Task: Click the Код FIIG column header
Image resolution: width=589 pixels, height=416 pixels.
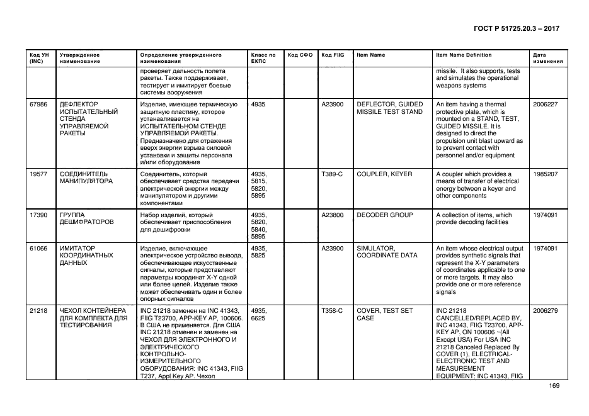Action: pyautogui.click(x=333, y=55)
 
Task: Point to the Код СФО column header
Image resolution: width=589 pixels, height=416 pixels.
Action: pyautogui.click(x=300, y=55)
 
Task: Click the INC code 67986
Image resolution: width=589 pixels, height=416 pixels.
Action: pyautogui.click(x=38, y=104)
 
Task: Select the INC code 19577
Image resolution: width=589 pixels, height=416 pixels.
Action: pyautogui.click(x=38, y=174)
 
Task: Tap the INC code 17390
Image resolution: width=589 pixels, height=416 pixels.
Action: pyautogui.click(x=38, y=215)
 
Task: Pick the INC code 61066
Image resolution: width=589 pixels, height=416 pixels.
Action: pyautogui.click(x=38, y=249)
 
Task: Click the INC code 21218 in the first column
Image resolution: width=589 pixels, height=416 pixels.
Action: pyautogui.click(x=38, y=311)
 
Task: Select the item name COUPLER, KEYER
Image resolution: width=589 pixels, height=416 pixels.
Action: pyautogui.click(x=385, y=174)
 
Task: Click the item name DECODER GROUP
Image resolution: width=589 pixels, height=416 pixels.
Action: pyautogui.click(x=385, y=215)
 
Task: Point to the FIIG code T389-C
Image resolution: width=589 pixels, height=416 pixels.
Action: pyautogui.click(x=332, y=174)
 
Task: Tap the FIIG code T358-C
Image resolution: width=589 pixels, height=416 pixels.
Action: pyautogui.click(x=332, y=311)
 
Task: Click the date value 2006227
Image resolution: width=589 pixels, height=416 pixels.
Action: pyautogui.click(x=545, y=104)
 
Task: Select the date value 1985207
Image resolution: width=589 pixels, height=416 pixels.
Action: pyautogui.click(x=545, y=174)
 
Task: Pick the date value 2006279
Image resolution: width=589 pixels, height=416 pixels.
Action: pyautogui.click(x=545, y=311)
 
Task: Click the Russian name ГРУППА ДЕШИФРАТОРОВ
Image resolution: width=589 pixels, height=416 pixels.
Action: pyautogui.click(x=86, y=219)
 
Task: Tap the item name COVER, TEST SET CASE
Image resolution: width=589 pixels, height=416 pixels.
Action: pyautogui.click(x=385, y=315)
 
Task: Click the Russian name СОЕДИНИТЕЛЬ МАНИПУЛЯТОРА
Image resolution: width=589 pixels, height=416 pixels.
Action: pyautogui.click(x=86, y=178)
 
